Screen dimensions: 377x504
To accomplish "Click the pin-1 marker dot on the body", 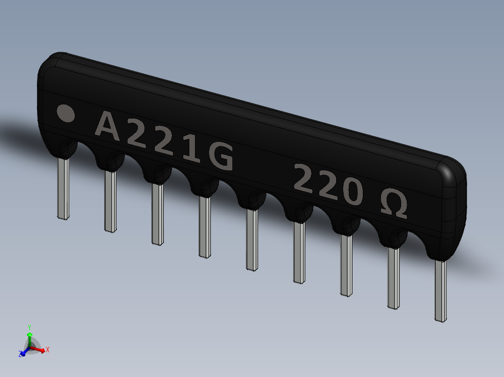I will click(x=65, y=113).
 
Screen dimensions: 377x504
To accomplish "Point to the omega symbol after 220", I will click(x=393, y=203).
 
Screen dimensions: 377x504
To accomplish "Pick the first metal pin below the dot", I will click(x=63, y=189).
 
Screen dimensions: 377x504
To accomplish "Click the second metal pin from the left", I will click(x=110, y=202).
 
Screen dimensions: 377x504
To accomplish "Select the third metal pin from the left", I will click(x=158, y=214).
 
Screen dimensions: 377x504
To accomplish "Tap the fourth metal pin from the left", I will click(x=204, y=227).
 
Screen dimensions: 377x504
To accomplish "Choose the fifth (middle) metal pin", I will click(x=252, y=240).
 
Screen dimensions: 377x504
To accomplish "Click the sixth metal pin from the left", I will click(x=299, y=252).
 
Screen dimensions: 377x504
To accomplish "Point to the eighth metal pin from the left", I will click(x=394, y=278).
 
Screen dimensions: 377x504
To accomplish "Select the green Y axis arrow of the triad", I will click(x=29, y=332).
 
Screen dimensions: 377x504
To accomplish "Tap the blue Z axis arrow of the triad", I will click(x=22, y=353).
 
